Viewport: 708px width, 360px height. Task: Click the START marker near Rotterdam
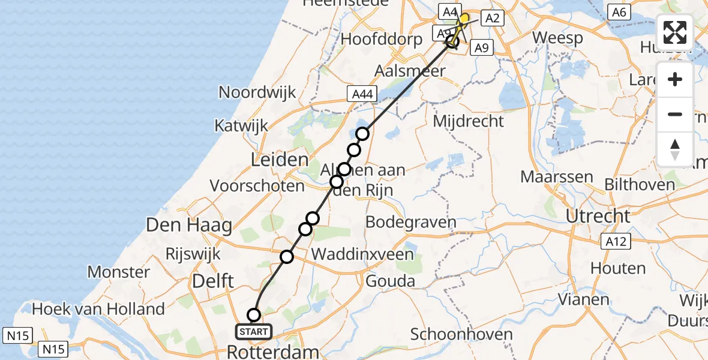pyautogui.click(x=255, y=331)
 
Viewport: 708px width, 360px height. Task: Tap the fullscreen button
pyautogui.click(x=675, y=32)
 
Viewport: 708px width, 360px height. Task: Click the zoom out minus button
pyautogui.click(x=675, y=114)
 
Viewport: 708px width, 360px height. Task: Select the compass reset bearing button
pyautogui.click(x=675, y=149)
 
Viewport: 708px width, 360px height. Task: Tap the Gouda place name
pyautogui.click(x=390, y=281)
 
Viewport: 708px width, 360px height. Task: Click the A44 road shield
pyautogui.click(x=362, y=94)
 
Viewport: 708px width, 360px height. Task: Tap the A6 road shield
pyautogui.click(x=619, y=11)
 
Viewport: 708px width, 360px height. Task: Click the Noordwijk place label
pyautogui.click(x=257, y=92)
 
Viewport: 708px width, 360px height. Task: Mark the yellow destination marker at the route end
pyautogui.click(x=463, y=19)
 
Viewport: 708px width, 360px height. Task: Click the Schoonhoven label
pyautogui.click(x=461, y=334)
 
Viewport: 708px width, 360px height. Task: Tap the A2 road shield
pyautogui.click(x=492, y=19)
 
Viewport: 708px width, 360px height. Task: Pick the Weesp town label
pyautogui.click(x=557, y=38)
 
